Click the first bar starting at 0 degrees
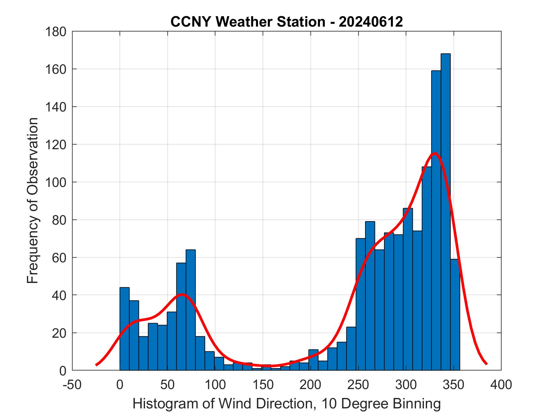[x=124, y=330]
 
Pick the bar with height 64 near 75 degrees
[x=191, y=310]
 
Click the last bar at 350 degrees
[x=455, y=317]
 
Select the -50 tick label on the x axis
[x=72, y=385]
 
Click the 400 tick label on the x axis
[x=501, y=385]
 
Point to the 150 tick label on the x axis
[x=263, y=385]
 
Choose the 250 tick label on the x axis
[x=358, y=385]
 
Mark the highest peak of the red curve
[x=435, y=153]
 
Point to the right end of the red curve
[x=486, y=364]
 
